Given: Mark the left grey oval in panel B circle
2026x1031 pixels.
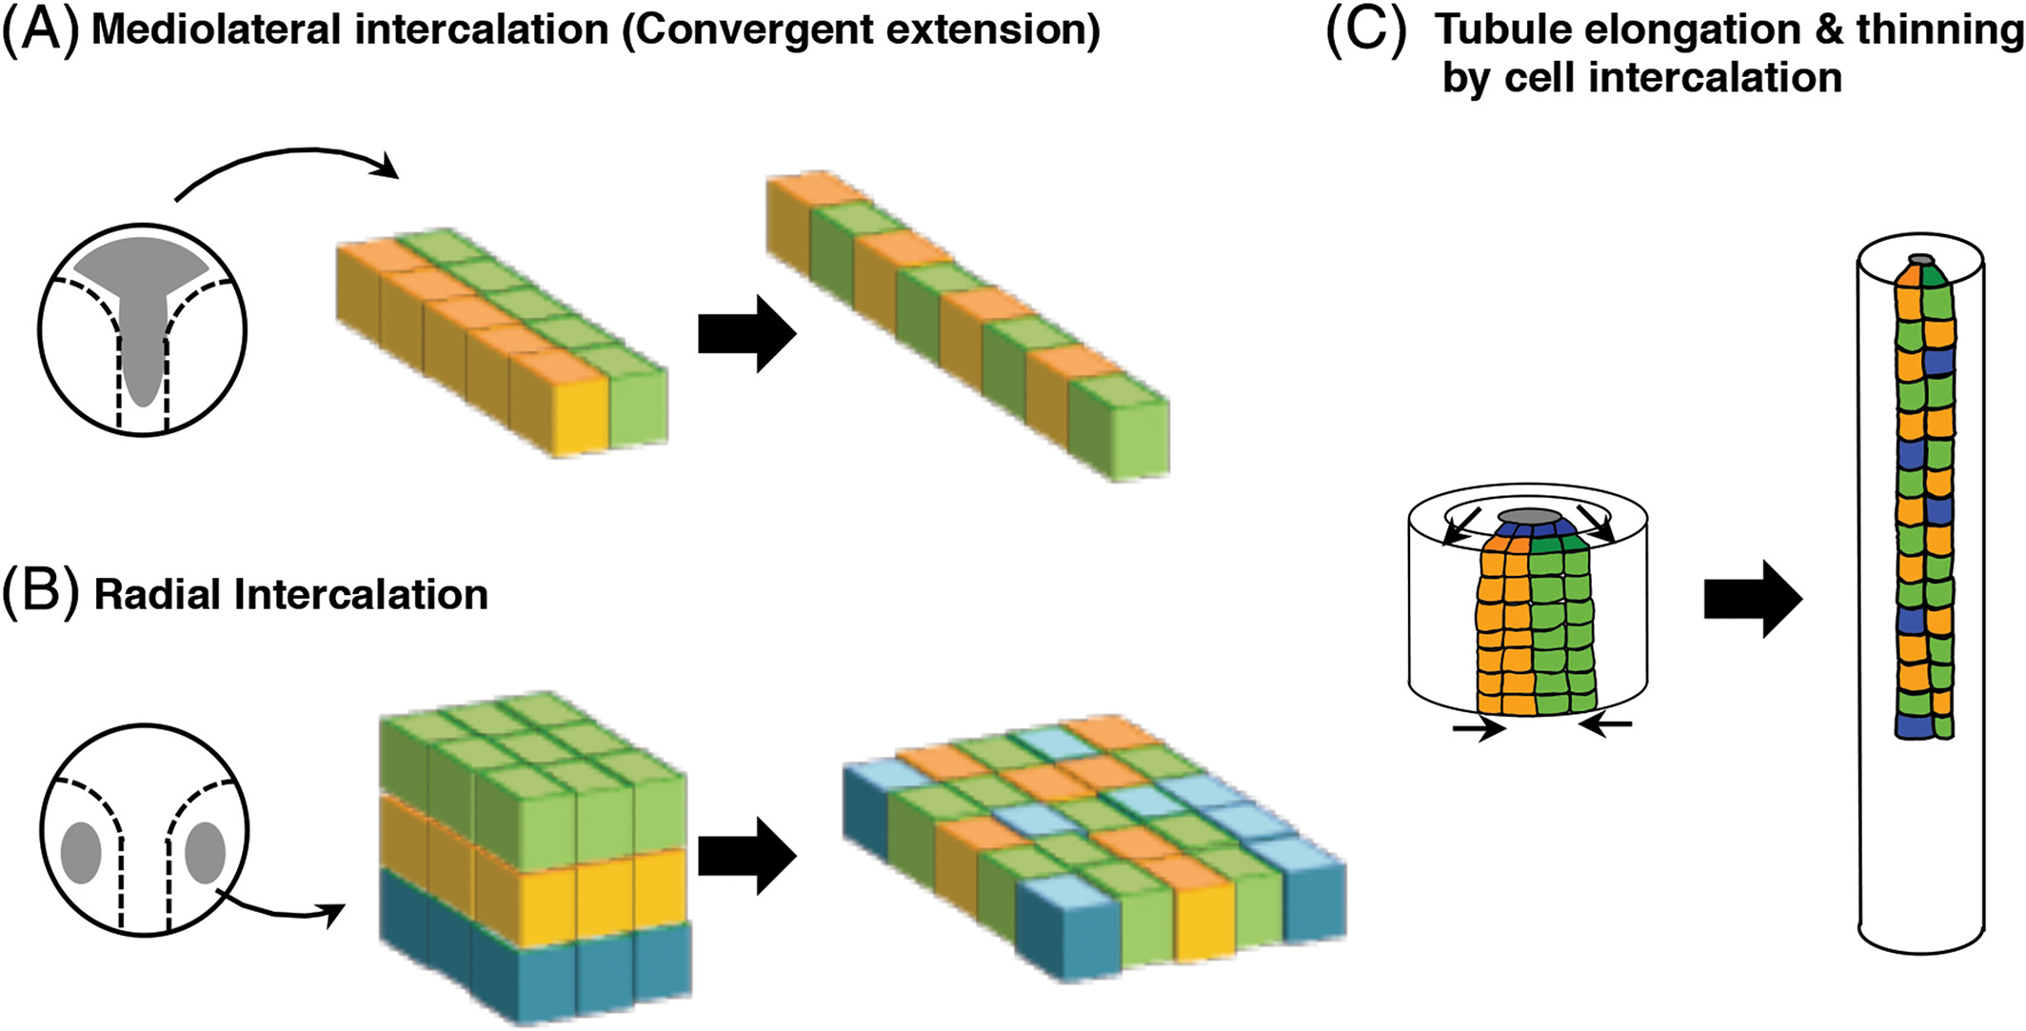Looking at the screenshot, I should click(x=81, y=853).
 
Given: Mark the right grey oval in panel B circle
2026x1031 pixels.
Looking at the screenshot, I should click(x=205, y=853).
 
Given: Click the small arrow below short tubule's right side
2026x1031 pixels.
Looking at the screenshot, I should click(x=1605, y=727).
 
